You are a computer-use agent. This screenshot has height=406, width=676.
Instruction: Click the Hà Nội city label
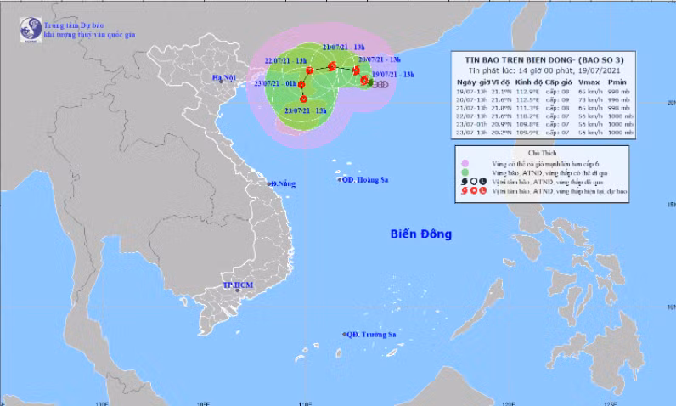(223, 79)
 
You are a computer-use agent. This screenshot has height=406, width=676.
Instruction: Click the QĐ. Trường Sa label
(374, 335)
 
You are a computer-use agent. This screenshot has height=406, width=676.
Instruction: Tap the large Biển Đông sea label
(419, 233)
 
